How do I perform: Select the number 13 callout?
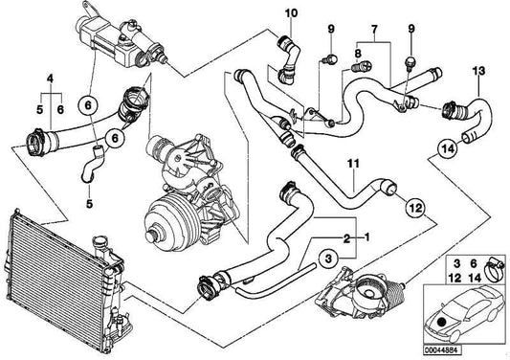coord(477,69)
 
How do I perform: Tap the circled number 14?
coord(447,148)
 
